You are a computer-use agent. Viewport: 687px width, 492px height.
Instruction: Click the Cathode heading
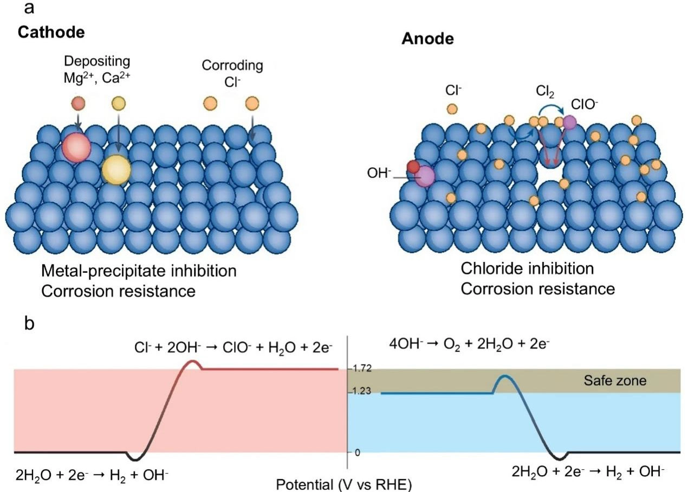tap(51, 32)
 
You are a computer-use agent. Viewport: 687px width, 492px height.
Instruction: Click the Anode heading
tap(427, 39)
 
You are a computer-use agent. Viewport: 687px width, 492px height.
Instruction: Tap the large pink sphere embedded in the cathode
tap(76, 148)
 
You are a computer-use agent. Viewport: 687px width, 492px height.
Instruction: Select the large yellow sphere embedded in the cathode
tap(116, 170)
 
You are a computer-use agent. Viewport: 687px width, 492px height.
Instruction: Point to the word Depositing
tap(97, 62)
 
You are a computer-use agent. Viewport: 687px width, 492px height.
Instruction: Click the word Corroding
tap(232, 66)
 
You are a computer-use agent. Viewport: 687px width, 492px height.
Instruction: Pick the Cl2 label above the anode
tap(545, 91)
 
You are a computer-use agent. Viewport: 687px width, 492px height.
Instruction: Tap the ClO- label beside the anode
tap(584, 105)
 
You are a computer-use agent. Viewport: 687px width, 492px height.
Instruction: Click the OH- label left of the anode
tap(379, 173)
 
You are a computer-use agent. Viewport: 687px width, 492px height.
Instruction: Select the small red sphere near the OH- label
tap(413, 167)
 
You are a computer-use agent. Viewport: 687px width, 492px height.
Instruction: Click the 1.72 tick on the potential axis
tap(362, 368)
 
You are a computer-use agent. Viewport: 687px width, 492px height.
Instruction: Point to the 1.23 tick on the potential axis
tap(361, 391)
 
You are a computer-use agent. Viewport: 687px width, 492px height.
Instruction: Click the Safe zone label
tap(615, 381)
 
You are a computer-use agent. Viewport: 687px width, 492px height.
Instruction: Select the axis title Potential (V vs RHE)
tap(344, 484)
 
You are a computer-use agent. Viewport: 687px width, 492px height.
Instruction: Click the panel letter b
tap(29, 323)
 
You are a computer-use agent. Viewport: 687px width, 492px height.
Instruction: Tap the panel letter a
tap(29, 8)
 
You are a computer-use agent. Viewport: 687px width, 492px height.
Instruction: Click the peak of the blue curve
tap(504, 376)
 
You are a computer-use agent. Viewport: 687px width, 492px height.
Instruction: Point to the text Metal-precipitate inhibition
tap(139, 271)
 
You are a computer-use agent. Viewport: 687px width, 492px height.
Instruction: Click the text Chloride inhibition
tap(527, 269)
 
